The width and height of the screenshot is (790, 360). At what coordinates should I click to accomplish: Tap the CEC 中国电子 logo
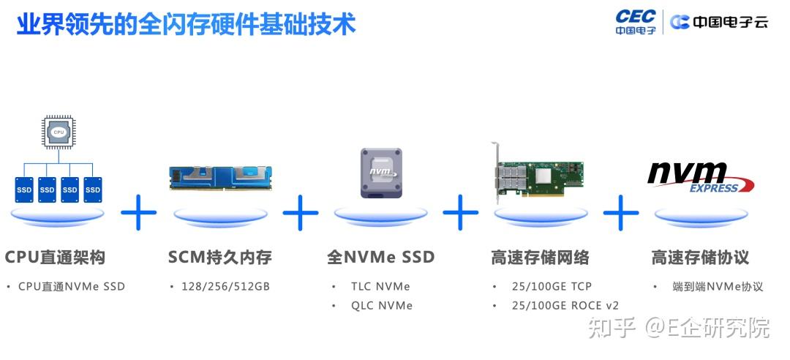click(x=635, y=22)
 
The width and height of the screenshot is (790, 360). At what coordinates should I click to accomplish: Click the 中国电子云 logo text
click(x=721, y=22)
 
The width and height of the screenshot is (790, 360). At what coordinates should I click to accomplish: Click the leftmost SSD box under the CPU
click(x=24, y=190)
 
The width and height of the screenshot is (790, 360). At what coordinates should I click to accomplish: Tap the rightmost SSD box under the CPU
click(x=92, y=190)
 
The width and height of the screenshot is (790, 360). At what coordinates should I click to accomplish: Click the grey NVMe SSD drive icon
click(x=381, y=173)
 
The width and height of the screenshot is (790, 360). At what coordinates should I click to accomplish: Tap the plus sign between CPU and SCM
click(x=139, y=213)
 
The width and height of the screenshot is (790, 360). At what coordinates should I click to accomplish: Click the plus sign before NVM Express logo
click(x=621, y=213)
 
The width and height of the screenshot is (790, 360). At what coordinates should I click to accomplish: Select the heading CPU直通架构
click(x=55, y=258)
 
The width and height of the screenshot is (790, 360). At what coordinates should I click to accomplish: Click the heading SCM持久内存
click(x=219, y=258)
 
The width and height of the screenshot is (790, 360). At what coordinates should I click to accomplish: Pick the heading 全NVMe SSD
click(x=380, y=258)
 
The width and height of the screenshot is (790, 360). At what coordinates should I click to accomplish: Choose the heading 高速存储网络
click(x=540, y=258)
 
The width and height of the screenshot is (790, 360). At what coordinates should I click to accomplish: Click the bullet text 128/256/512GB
click(x=225, y=286)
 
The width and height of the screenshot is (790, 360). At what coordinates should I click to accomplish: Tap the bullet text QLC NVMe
click(x=381, y=305)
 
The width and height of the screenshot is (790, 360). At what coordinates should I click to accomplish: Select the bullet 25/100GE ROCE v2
click(x=565, y=305)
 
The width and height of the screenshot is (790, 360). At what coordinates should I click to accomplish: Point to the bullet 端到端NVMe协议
click(x=718, y=286)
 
